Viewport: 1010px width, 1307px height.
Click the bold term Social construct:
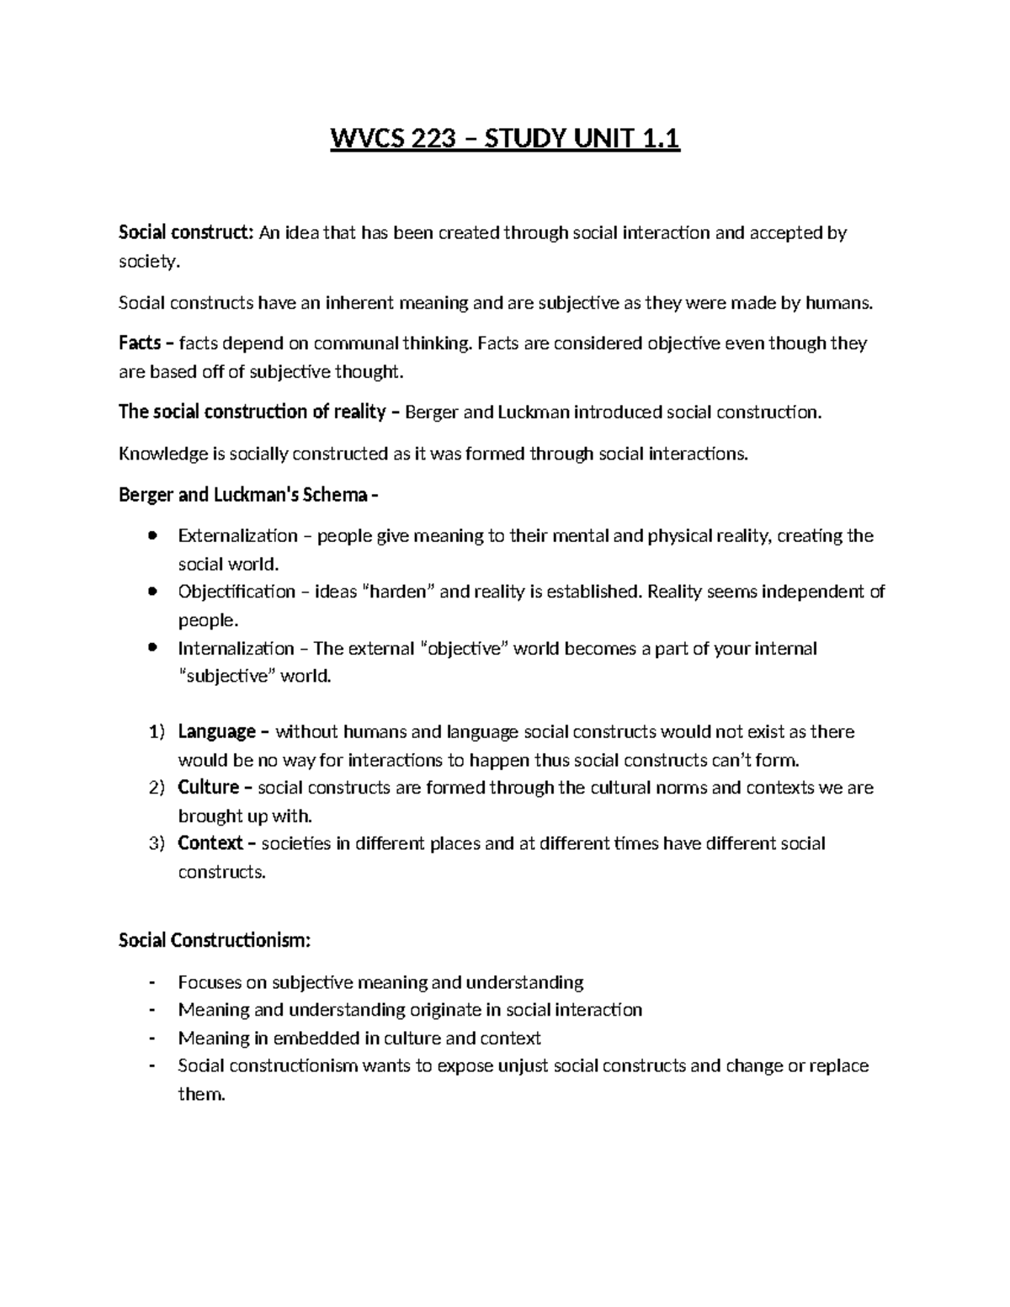click(185, 233)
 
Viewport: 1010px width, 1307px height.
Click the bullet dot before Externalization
click(151, 536)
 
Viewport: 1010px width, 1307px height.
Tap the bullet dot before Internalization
click(151, 648)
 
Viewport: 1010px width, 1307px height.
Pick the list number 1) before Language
click(157, 732)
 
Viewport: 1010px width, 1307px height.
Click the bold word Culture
click(209, 788)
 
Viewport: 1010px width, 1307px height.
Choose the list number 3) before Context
click(157, 843)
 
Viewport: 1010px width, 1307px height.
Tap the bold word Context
click(210, 843)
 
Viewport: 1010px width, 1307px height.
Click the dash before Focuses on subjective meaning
click(151, 982)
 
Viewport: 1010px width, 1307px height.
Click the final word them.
click(201, 1095)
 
